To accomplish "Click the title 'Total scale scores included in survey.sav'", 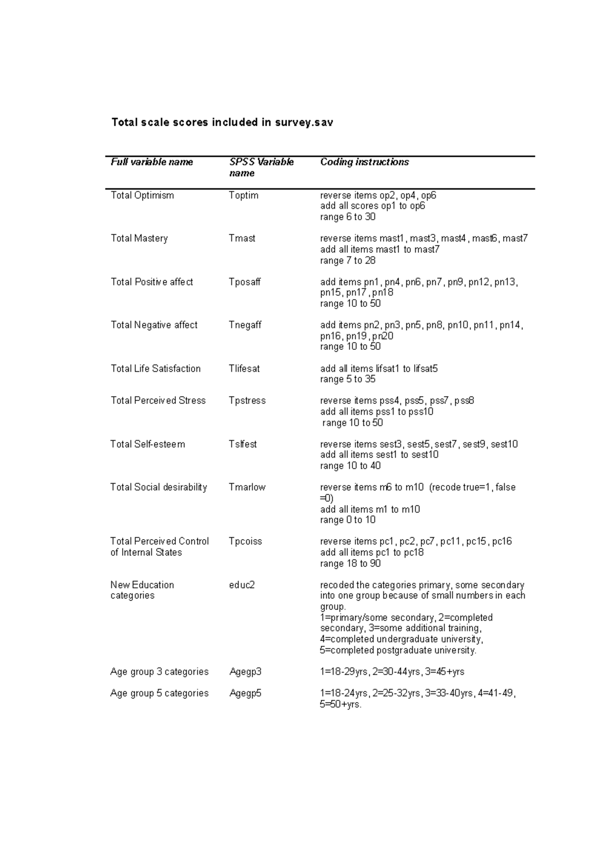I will click(x=222, y=123).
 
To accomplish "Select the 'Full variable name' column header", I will click(x=152, y=162).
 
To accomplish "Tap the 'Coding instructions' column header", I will click(x=364, y=162).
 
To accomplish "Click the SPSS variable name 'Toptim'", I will click(x=244, y=195).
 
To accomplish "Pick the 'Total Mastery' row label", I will click(x=139, y=238).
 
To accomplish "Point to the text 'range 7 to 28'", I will click(x=348, y=260).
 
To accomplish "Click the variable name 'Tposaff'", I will click(x=245, y=282).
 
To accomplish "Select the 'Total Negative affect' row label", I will click(x=154, y=325).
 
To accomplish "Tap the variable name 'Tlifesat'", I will click(x=244, y=368).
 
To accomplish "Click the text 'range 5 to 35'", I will click(x=348, y=379).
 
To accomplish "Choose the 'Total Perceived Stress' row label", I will click(x=158, y=400).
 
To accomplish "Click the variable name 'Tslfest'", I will click(x=243, y=444).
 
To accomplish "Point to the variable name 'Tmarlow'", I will click(x=247, y=487).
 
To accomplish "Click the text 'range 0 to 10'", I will click(x=348, y=520).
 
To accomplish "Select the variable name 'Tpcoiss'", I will click(x=245, y=541).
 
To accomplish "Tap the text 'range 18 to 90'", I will click(x=350, y=563).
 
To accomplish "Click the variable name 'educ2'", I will click(x=242, y=585).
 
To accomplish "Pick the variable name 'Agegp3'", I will click(x=245, y=671).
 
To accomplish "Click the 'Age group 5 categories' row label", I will click(x=159, y=693).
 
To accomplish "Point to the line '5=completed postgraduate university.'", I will click(x=398, y=650).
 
